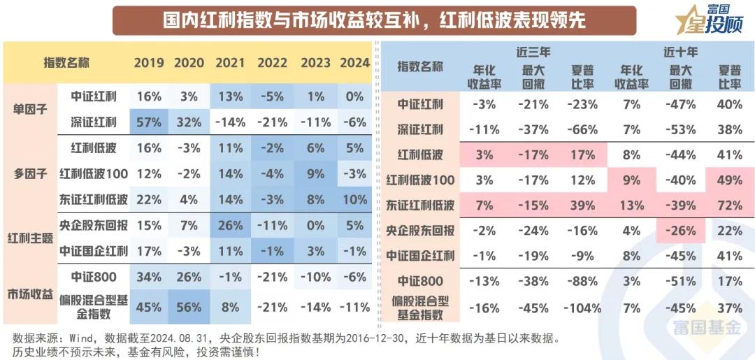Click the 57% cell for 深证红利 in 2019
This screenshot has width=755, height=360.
[x=148, y=122]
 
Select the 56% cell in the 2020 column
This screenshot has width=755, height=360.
[x=189, y=307]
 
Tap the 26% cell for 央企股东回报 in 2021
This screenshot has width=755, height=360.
[x=230, y=225]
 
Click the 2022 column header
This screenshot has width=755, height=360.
[x=272, y=63]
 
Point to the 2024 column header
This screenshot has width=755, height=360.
[x=354, y=63]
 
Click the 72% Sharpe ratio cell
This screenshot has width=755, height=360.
[x=730, y=205]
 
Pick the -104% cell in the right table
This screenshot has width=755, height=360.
[x=582, y=307]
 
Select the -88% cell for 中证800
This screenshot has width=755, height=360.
[x=582, y=281]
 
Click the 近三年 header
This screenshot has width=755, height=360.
[x=533, y=51]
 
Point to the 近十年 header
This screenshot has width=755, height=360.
[x=680, y=51]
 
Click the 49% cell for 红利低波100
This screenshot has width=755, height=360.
[x=730, y=180]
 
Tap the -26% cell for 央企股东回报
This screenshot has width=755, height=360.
[x=681, y=230]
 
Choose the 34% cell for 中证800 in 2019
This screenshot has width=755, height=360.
[x=148, y=277]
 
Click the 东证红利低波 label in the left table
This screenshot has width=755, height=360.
[x=94, y=200]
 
